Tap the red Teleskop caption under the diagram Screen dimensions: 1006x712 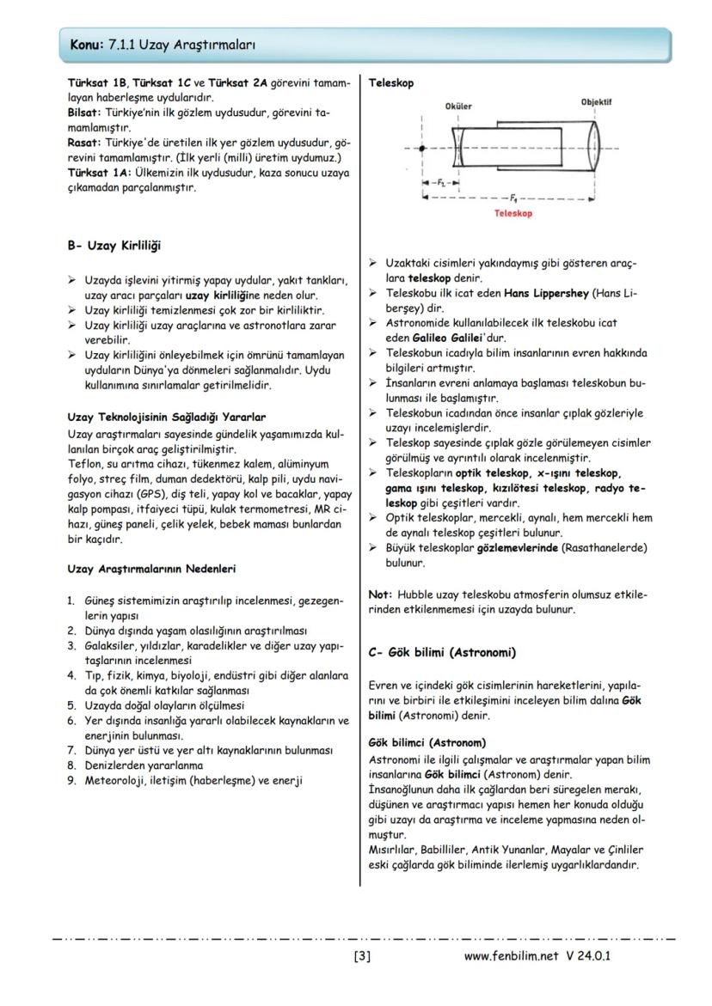513,213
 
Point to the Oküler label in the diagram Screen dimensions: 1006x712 457,106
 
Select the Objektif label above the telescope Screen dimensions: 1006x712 595,101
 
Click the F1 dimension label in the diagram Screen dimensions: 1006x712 513,196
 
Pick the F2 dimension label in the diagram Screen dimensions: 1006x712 440,183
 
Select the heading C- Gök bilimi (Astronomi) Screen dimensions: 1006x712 441,652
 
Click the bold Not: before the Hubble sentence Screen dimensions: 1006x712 380,594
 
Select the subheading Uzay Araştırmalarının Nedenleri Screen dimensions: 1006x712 151,568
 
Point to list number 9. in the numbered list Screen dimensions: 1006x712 72,780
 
